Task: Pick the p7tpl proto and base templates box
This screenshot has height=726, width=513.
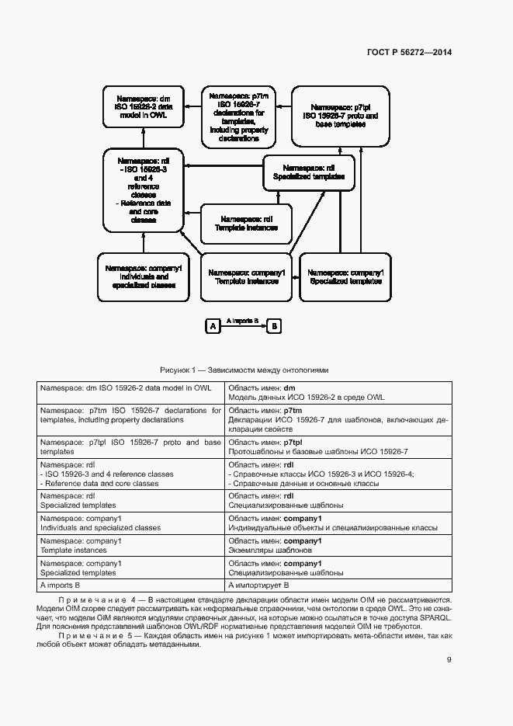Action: (x=341, y=116)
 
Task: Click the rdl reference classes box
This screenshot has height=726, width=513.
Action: (x=144, y=189)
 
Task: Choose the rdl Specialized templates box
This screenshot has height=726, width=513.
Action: (x=308, y=172)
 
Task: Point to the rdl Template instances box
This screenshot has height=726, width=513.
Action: (x=247, y=223)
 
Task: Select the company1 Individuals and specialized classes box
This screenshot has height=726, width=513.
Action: (x=144, y=276)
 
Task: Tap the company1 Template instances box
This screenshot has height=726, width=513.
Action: (x=247, y=277)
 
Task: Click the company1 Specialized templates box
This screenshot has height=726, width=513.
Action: (x=345, y=277)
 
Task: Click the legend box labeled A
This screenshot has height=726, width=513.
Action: (x=212, y=327)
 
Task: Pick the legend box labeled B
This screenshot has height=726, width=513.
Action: (x=273, y=327)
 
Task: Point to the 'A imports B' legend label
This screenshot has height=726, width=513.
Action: (x=242, y=320)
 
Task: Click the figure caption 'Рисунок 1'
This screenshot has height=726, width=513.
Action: (x=244, y=370)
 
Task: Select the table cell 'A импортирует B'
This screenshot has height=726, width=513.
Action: (x=258, y=585)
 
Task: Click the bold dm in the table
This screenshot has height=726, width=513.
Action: (x=289, y=387)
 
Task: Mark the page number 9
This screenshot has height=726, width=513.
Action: (x=449, y=660)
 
